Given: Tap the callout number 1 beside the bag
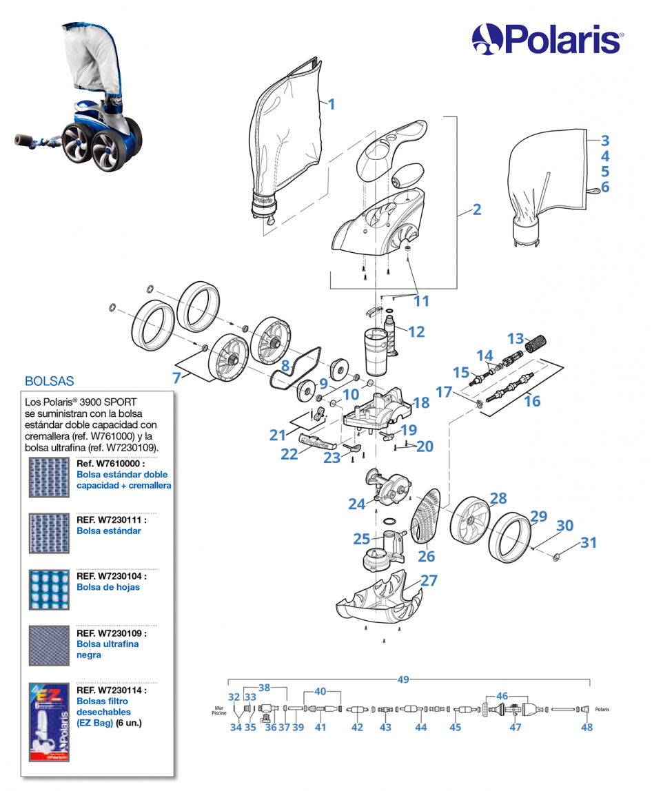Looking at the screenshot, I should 332,105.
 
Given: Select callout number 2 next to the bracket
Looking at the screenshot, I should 476,209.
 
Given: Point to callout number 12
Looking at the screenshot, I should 416,331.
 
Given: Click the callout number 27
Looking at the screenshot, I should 429,580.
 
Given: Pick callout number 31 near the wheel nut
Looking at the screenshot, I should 588,543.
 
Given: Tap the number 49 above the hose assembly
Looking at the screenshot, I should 403,679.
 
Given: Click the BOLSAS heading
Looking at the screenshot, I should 49,380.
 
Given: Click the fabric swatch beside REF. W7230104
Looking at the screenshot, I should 50,589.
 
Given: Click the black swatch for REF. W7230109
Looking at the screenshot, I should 50,645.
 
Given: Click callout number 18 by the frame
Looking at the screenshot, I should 420,403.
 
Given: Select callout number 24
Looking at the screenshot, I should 356,504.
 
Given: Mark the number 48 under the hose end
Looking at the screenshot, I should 587,727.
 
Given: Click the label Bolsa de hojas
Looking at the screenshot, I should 108,587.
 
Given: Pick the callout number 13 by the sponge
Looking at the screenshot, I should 516,338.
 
